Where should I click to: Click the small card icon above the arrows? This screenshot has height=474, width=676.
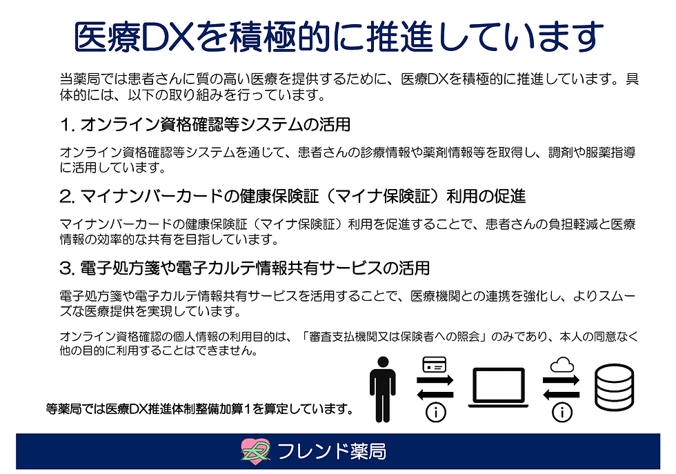[x=435, y=364]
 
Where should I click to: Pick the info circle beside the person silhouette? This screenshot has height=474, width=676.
[x=435, y=413]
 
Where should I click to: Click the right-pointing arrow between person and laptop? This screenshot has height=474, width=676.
[x=435, y=380]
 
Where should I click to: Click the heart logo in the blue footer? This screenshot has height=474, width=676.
[x=256, y=451]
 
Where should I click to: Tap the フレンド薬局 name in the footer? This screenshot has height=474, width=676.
[x=331, y=452]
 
